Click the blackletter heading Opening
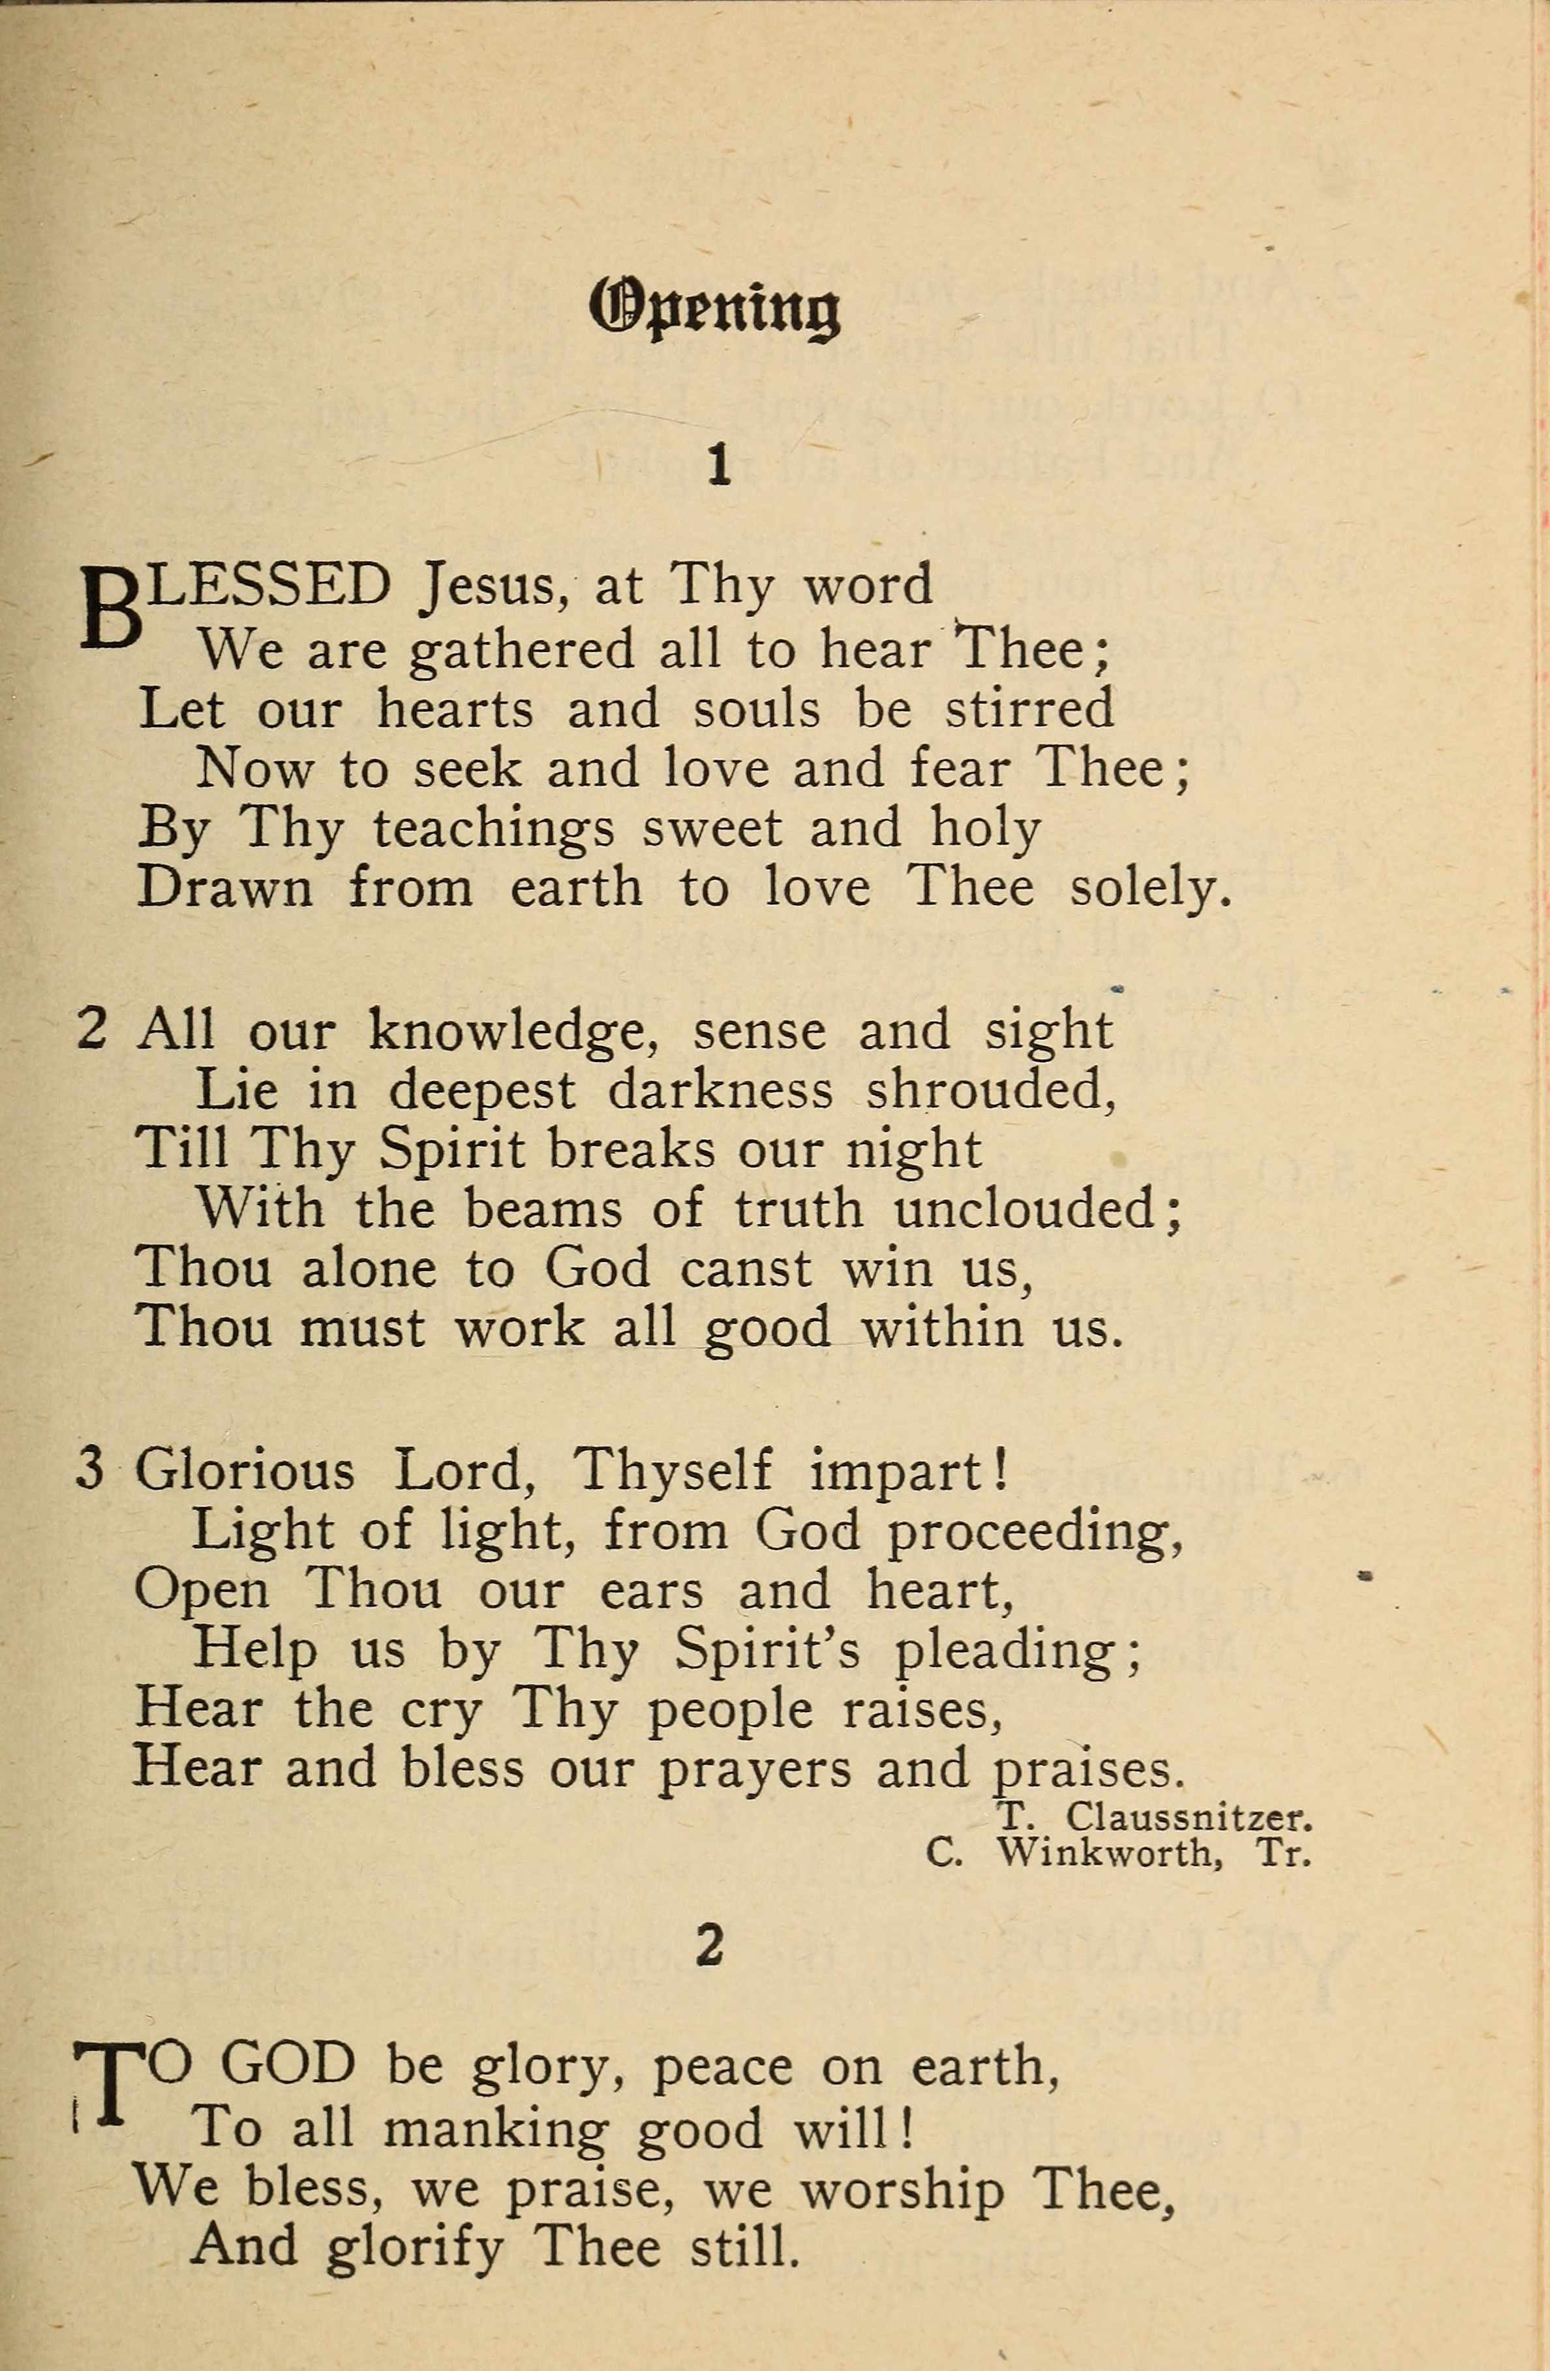click(715, 310)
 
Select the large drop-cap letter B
click(108, 609)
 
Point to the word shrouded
click(991, 1091)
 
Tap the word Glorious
click(245, 1471)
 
